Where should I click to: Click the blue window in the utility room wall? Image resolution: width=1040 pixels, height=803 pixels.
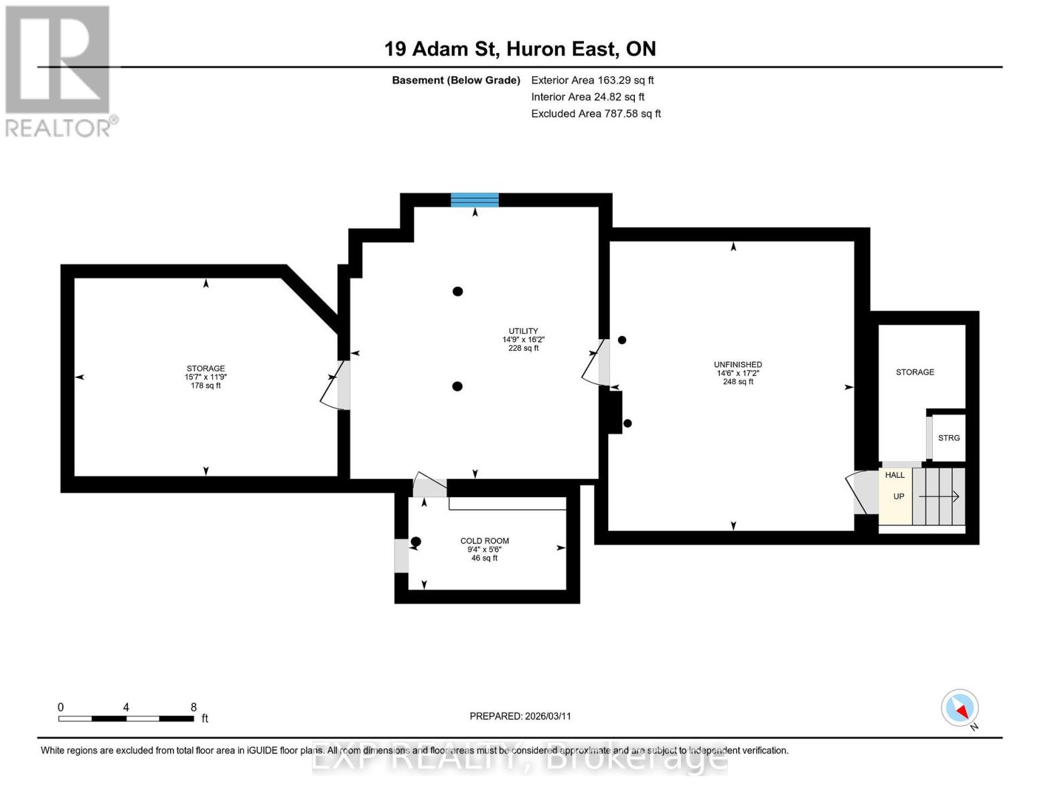point(474,199)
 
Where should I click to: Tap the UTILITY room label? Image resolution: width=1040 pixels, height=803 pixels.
point(523,331)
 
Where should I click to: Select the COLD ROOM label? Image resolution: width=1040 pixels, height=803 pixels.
point(484,541)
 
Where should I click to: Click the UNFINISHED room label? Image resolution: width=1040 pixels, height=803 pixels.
point(737,365)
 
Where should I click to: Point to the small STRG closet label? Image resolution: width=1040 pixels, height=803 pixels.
point(948,438)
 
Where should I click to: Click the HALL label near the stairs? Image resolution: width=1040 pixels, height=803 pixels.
point(895,475)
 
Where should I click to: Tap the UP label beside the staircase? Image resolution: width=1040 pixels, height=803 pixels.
point(899,497)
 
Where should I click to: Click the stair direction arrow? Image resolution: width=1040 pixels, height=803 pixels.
point(939,497)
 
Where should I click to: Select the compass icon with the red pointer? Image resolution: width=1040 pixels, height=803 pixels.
point(960,708)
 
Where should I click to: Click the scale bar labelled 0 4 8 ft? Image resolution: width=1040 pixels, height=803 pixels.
point(127,718)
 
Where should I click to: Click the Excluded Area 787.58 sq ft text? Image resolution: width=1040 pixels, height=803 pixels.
point(596,114)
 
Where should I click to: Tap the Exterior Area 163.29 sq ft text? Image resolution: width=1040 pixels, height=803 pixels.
point(592,80)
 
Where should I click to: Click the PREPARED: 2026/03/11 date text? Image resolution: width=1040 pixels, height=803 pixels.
point(520,716)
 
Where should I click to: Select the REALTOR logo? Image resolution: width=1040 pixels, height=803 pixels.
point(59,70)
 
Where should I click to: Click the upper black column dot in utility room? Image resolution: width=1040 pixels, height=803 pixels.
point(457,291)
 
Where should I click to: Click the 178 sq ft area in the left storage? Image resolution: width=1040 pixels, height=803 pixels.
point(206,385)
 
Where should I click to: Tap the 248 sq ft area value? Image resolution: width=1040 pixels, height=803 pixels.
point(738,382)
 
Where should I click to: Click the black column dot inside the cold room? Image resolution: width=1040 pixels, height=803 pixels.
point(416,541)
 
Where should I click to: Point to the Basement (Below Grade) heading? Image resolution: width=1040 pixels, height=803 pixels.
point(456,80)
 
